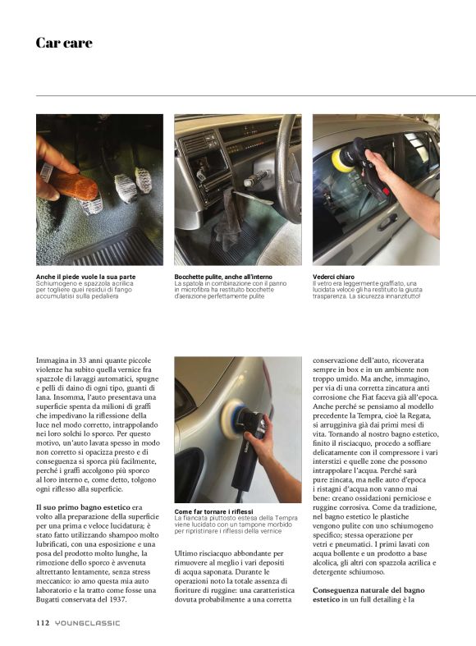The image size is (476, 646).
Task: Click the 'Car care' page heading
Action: [63, 43]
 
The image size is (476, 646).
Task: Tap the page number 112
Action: [43, 622]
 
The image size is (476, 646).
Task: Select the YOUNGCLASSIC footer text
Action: [88, 622]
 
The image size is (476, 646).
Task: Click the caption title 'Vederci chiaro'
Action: [334, 277]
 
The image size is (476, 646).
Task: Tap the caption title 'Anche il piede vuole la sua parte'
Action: [86, 277]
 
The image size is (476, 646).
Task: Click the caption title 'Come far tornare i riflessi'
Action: [214, 511]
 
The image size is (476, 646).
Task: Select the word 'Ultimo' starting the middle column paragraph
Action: [188, 553]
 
